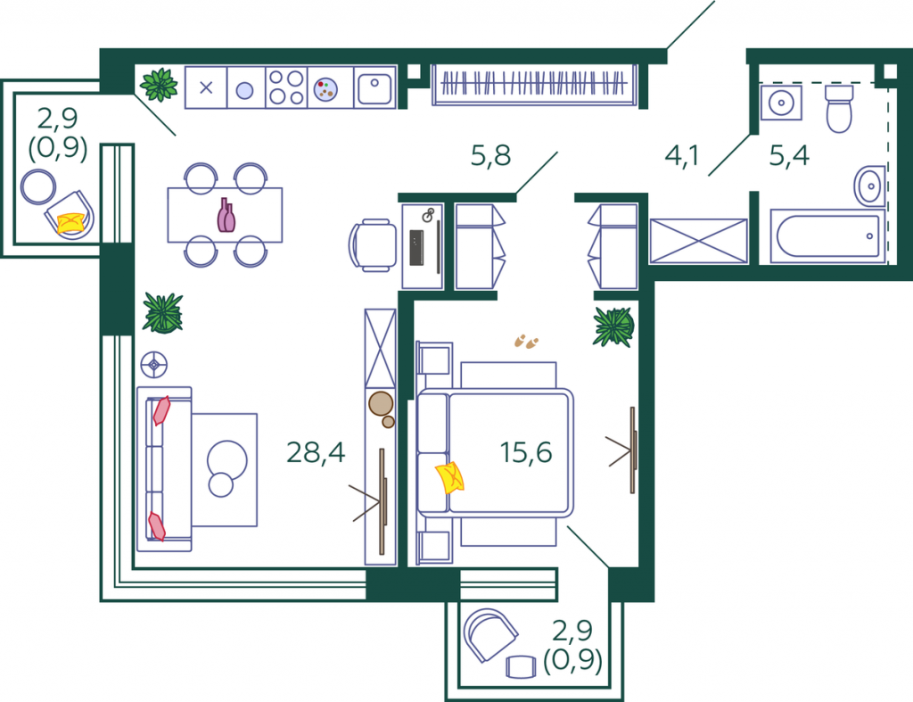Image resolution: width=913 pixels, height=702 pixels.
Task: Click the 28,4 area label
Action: coord(316,452)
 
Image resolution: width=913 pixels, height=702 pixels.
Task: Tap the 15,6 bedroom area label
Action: coord(526,452)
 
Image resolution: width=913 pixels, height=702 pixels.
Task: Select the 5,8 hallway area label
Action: coord(490,155)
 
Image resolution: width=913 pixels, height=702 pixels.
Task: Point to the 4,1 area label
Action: coord(681,155)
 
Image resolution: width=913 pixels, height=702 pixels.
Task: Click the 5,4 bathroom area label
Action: coord(789,155)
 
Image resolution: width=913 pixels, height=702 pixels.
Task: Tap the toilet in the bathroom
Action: coord(839,109)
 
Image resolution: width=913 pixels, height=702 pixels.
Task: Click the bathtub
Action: coord(827,236)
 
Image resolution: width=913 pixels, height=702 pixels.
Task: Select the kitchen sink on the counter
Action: coord(374,88)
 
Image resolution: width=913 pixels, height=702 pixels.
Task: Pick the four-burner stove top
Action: coord(286,87)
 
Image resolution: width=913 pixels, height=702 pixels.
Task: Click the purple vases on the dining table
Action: coord(226,216)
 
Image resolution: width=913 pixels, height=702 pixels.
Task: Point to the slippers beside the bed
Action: coord(526,342)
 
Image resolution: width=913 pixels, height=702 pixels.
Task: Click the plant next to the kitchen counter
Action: coord(159,85)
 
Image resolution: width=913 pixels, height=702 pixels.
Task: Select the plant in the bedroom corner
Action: coord(613,326)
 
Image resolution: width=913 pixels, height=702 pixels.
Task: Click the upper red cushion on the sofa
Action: coord(161,410)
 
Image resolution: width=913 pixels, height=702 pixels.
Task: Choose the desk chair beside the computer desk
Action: coord(372,245)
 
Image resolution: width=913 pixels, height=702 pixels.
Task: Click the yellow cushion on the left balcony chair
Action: coord(71,223)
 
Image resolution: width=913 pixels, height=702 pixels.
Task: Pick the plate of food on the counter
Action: coord(325,90)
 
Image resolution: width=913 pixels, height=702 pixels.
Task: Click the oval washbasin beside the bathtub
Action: coord(870,186)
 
